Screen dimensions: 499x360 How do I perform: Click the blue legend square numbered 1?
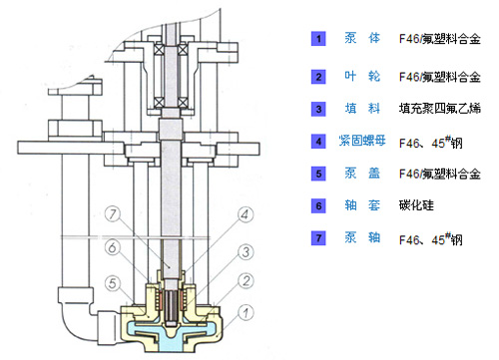318,39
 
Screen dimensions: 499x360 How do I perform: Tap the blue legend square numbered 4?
318,142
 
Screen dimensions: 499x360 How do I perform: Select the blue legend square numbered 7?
318,238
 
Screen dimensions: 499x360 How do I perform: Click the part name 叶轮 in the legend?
362,77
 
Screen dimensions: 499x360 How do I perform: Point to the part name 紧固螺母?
362,141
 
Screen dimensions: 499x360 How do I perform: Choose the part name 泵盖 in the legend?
362,173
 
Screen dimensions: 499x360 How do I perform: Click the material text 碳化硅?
416,205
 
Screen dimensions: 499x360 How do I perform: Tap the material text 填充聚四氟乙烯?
440,109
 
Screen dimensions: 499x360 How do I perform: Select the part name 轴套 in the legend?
362,205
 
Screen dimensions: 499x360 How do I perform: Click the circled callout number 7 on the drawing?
113,214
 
